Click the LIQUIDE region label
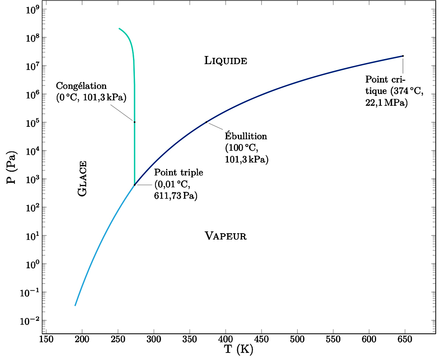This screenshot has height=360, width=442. coord(225,61)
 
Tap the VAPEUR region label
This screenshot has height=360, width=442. coord(225,236)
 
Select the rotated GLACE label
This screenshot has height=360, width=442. coord(83,179)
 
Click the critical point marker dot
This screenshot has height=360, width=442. coord(403,56)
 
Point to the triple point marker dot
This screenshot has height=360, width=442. coord(135,185)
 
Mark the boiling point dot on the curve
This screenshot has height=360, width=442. coord(206,122)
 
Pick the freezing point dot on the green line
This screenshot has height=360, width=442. coord(134,122)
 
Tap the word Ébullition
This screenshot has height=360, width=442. coord(246,136)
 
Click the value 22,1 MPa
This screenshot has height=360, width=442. coord(386,104)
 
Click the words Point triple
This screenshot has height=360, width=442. coord(179,172)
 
